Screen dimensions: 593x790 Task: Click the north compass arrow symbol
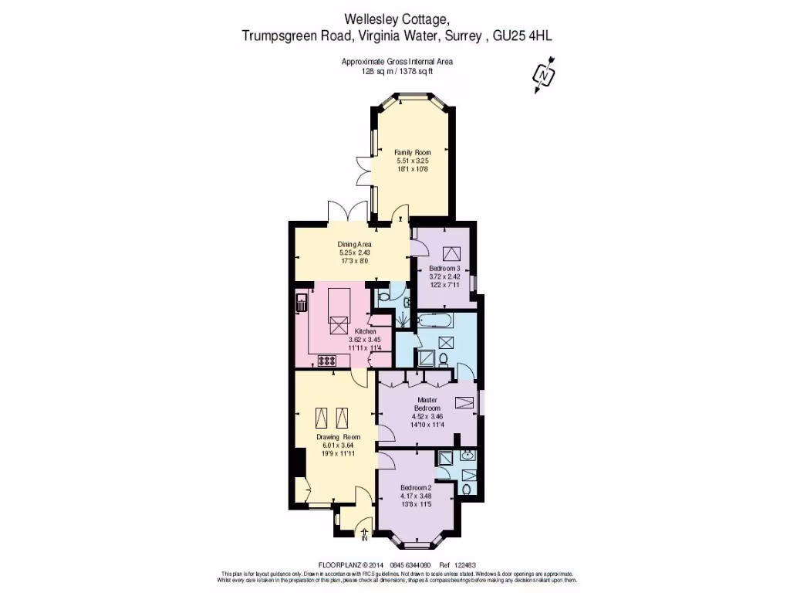coord(545,76)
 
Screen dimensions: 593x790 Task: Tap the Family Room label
coord(412,152)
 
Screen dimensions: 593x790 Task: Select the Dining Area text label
coord(355,244)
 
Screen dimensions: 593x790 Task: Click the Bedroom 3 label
coord(444,267)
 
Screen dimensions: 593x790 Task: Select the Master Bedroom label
coord(427,404)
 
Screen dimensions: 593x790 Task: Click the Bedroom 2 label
coord(416,488)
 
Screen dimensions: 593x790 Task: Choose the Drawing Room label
coord(338,437)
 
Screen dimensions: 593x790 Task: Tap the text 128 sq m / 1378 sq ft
coord(397,71)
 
